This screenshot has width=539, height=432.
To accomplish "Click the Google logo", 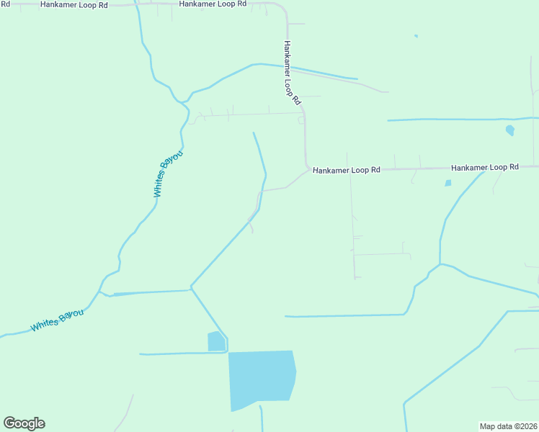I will coord(24,423).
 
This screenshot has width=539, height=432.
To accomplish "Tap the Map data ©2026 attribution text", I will coord(508,426).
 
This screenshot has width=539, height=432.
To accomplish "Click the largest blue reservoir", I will coord(261,379).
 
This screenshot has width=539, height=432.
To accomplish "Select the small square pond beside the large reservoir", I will coord(216,341).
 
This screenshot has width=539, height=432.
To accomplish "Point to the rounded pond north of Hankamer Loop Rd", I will coord(510,130).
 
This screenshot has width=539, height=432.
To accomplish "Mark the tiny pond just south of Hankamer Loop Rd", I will coord(448,183).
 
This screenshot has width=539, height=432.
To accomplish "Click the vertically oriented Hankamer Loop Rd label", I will coord(291,73).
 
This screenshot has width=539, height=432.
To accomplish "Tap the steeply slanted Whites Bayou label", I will coord(168,174).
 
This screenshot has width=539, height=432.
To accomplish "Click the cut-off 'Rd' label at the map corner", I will coord(5,4).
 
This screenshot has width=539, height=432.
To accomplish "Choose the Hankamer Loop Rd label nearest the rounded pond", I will coord(485,167).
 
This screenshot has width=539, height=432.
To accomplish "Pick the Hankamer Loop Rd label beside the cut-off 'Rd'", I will coord(73,4).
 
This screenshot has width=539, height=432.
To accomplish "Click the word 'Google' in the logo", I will coord(24,423).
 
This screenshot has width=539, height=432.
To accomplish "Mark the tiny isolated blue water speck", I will coord(416,36).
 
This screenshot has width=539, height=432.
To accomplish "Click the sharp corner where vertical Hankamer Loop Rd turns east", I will coord(307,167).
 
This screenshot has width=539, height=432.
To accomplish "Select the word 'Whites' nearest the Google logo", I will coord(45,325).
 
